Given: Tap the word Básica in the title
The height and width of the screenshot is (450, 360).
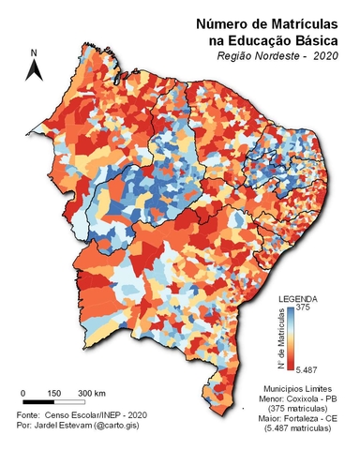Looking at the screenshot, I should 314,39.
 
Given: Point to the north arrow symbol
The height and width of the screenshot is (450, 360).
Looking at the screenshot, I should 34,69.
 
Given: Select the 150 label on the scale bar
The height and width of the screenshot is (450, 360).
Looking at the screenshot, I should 54,392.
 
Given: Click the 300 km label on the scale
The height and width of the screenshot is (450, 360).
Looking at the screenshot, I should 91,392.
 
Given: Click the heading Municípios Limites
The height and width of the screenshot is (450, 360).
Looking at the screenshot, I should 299,388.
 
